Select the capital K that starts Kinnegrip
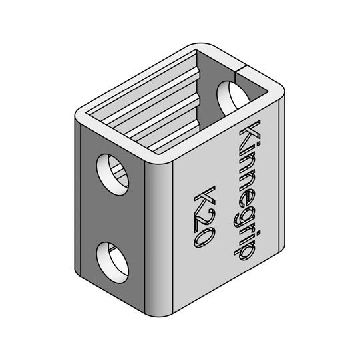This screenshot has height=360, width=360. (x=252, y=136)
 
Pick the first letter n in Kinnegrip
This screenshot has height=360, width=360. (x=248, y=164)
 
